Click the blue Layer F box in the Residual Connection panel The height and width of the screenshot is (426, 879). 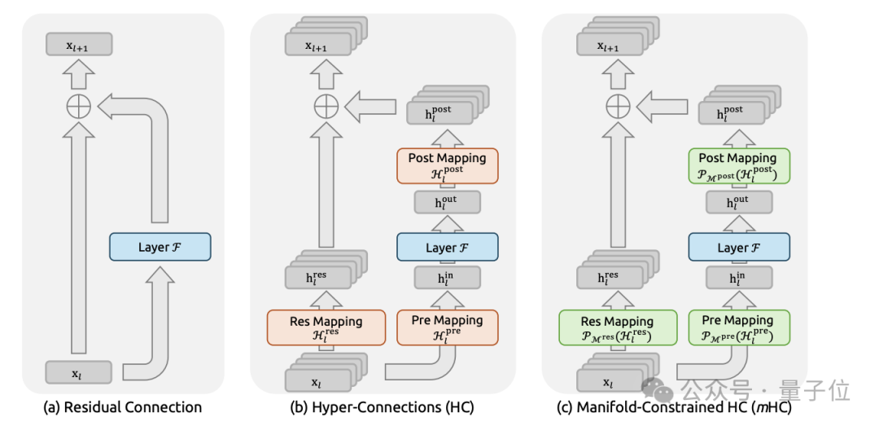[160, 246]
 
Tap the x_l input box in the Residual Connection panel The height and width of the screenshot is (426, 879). [78, 372]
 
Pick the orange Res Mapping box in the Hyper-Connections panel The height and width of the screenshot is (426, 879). [326, 327]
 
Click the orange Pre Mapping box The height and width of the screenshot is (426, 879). [447, 327]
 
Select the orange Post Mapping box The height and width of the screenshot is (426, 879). [447, 165]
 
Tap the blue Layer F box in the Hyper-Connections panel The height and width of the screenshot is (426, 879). [447, 247]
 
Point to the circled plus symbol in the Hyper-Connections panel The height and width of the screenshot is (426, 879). [326, 105]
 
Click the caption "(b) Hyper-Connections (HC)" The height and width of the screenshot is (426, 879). [382, 406]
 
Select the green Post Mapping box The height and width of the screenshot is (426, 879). [738, 165]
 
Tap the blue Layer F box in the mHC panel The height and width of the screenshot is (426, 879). [738, 247]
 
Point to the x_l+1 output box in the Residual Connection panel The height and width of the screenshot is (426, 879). [78, 45]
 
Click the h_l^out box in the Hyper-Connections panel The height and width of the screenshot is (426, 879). [447, 202]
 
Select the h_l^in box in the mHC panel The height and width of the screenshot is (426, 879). [738, 280]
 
